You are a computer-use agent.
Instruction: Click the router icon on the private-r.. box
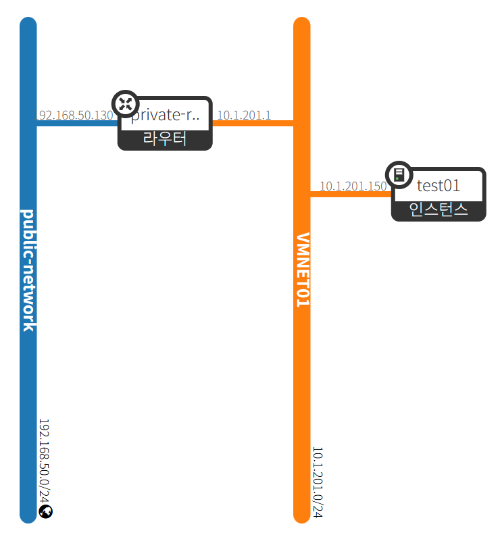click(125, 104)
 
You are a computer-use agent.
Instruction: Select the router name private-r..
click(166, 116)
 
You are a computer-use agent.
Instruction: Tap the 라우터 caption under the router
click(165, 140)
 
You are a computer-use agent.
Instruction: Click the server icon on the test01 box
click(399, 175)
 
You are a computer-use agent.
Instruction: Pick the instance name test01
click(439, 185)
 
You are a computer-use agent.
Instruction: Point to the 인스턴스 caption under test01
click(439, 210)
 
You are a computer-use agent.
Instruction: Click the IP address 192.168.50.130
click(74, 116)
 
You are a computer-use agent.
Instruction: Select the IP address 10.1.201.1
click(244, 116)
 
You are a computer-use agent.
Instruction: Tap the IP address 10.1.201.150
click(353, 186)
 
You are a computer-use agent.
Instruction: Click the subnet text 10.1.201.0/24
click(318, 482)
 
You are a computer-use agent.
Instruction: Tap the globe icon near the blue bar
click(46, 512)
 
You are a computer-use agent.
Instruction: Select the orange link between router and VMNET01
click(253, 124)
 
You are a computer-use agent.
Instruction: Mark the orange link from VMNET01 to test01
click(350, 195)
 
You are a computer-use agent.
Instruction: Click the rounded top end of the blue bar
click(28, 25)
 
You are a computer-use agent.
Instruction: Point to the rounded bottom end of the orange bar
click(302, 515)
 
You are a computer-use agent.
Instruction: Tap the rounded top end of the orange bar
click(302, 25)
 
